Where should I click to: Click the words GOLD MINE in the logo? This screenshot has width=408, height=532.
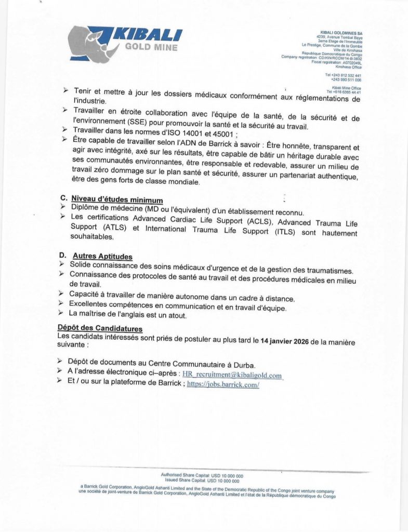(x=151, y=47)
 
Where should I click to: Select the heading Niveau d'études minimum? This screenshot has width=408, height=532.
(x=117, y=200)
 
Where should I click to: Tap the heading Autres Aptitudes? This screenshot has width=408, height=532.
(x=102, y=256)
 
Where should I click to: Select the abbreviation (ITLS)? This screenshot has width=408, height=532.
(x=283, y=232)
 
